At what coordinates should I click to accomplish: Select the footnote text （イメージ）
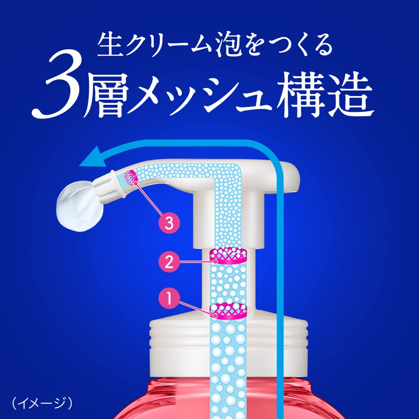42,403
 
